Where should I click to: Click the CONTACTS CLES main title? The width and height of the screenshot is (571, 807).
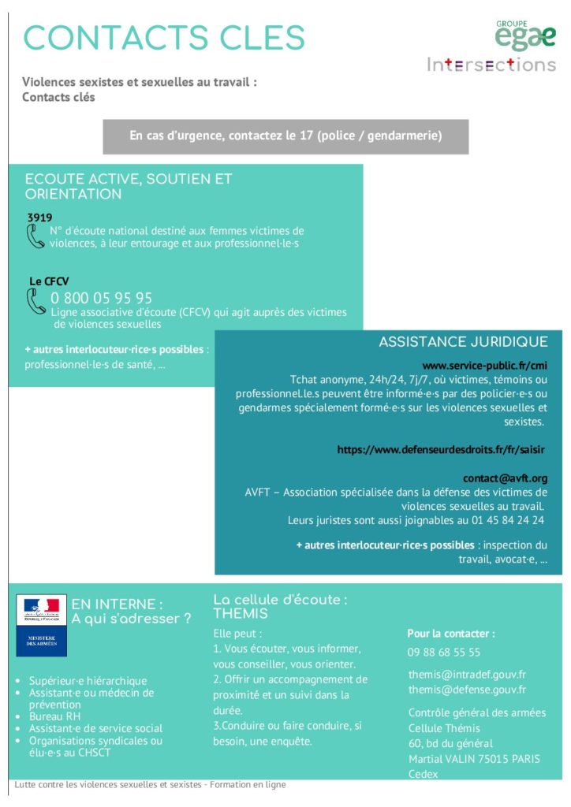163,38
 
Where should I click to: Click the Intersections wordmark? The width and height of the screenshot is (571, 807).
491,65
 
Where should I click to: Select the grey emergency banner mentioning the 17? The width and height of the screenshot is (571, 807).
285,136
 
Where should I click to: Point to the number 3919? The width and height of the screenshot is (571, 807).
39,217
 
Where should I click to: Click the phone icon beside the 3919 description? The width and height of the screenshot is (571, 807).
35,236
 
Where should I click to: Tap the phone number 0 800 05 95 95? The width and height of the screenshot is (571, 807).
102,298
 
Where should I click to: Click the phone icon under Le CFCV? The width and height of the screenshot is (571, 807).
36,301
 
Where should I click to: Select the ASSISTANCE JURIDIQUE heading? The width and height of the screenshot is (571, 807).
463,342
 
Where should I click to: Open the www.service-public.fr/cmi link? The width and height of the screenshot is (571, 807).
484,366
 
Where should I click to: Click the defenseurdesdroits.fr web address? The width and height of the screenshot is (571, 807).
441,449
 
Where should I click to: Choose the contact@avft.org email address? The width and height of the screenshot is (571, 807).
505,478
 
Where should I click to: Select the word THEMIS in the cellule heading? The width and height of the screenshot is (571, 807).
241,614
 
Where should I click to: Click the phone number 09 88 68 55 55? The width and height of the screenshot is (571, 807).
444,653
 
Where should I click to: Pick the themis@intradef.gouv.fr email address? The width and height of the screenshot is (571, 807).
467,675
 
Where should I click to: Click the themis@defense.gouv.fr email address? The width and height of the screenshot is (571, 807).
467,690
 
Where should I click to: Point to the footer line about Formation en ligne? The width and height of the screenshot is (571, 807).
150,785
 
